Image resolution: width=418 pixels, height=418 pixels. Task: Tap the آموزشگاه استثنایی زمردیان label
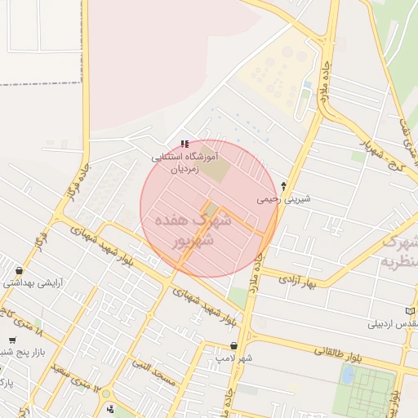coord(185,161)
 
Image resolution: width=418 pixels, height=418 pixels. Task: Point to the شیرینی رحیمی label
coord(278,198)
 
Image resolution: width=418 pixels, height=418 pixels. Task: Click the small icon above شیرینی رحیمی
coord(283,186)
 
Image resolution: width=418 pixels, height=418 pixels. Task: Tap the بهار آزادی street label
coord(296,282)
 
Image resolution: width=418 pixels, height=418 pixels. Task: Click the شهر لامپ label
coord(234,358)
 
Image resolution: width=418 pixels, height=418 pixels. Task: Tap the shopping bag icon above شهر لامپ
coord(235,346)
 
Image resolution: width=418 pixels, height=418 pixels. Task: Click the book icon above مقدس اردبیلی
coord(410,311)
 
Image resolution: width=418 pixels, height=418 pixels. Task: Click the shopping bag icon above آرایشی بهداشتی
coord(19,271)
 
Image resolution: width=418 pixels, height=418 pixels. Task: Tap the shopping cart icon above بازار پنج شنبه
coord(12,340)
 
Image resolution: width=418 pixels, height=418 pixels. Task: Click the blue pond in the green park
coord(349,375)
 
